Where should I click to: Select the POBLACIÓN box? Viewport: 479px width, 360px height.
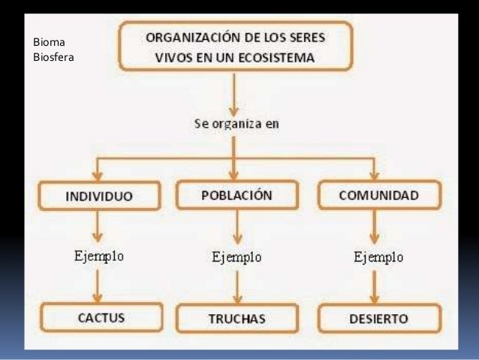[236, 195]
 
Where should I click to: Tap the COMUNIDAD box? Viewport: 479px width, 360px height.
[378, 195]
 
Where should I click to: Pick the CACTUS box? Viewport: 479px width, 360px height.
[101, 318]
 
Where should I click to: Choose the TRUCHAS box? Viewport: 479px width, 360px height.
[236, 319]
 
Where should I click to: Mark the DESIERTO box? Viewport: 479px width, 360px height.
[378, 318]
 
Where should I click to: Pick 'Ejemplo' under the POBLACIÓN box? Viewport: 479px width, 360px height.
[236, 257]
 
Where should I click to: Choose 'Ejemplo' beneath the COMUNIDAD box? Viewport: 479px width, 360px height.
[378, 257]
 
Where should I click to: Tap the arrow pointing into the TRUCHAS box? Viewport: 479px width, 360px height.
[236, 287]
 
